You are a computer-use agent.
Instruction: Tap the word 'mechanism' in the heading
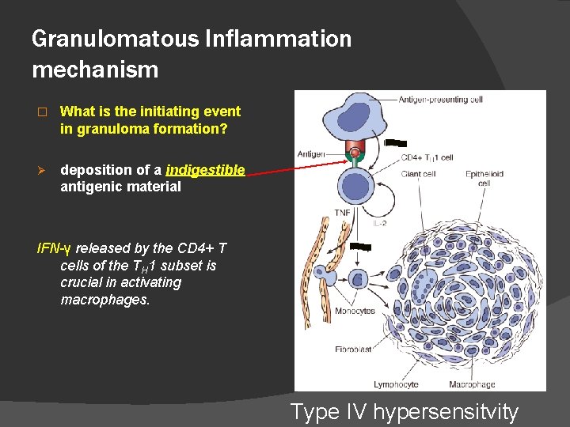[x=95, y=70]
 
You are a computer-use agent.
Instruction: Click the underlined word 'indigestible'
[x=205, y=170]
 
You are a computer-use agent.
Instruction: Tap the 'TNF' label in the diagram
[x=342, y=213]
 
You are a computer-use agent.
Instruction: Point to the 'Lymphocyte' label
[x=372, y=384]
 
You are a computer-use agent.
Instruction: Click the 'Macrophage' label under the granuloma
[x=473, y=384]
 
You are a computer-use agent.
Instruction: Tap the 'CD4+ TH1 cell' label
[x=427, y=157]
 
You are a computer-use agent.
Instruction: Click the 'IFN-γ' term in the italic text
[x=55, y=248]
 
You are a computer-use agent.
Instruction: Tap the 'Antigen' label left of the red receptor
[x=312, y=154]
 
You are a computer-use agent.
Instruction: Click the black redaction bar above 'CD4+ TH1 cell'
[x=395, y=144]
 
